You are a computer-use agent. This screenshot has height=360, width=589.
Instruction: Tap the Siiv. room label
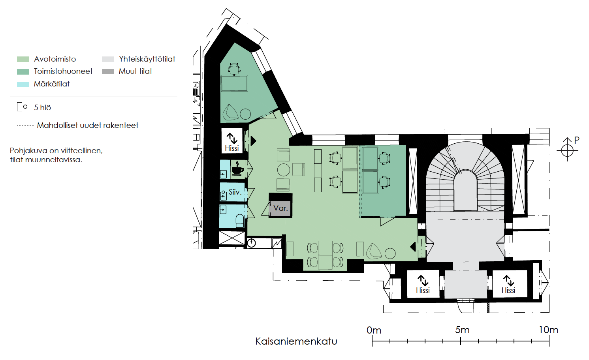[x=235, y=192]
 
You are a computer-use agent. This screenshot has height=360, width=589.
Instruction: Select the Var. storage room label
[x=280, y=208]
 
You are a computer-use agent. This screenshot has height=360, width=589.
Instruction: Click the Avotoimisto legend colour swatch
[x=23, y=59]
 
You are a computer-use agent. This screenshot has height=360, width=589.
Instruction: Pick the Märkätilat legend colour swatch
[x=23, y=84]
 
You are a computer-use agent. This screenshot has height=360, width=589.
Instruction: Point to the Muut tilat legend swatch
[x=108, y=71]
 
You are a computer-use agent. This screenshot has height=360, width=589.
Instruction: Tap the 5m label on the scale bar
[x=462, y=330]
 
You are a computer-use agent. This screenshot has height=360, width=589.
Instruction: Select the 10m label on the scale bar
[x=548, y=330]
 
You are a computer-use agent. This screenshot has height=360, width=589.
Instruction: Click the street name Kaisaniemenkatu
[x=296, y=341]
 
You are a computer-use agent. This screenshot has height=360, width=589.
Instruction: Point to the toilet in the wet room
[x=240, y=221]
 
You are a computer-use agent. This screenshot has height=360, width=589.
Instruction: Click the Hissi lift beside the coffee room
[x=231, y=142]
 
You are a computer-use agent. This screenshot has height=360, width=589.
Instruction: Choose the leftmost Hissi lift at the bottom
[x=423, y=284]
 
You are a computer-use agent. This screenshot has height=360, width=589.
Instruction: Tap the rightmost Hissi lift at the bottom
[x=508, y=284]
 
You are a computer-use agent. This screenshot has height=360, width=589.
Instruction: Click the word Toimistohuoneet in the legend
[x=63, y=71]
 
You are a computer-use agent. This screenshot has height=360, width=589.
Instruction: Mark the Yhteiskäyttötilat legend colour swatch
[x=108, y=59]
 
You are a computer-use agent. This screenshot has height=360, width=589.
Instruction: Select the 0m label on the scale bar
[x=374, y=330]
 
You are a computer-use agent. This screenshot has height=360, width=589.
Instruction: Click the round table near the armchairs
[x=284, y=170]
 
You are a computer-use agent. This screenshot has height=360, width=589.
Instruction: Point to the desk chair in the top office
[x=234, y=69]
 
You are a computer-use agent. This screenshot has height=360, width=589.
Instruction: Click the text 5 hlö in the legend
[x=42, y=107]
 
